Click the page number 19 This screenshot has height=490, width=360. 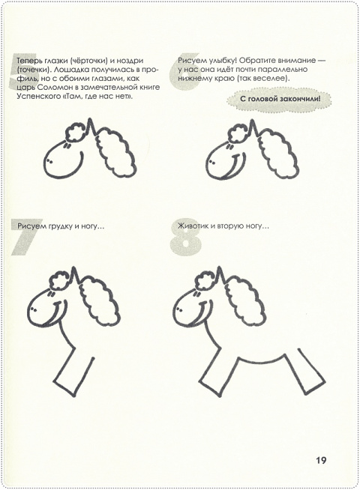(321, 460)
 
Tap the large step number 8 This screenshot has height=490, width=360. (185, 237)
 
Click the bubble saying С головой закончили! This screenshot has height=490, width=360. (280, 100)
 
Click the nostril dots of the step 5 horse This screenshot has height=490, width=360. (49, 161)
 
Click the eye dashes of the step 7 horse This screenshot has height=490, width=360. (49, 294)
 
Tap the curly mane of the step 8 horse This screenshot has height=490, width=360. (247, 300)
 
